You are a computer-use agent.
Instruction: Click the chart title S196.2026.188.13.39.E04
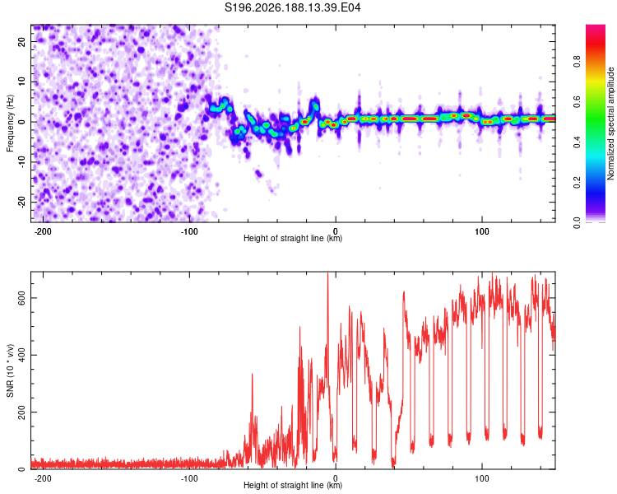(x=292, y=7)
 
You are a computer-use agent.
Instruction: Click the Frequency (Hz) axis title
(x=10, y=123)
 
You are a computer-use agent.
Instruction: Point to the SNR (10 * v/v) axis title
(x=10, y=370)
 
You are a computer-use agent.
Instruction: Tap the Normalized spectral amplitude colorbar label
(x=610, y=123)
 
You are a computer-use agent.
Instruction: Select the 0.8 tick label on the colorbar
(x=577, y=62)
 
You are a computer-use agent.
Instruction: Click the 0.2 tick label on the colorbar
(x=577, y=183)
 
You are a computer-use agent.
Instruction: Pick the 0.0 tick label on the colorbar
(x=577, y=222)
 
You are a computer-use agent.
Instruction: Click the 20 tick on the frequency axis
(x=21, y=42)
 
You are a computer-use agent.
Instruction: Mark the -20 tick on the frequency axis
(x=21, y=202)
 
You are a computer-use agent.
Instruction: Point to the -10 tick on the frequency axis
(x=21, y=162)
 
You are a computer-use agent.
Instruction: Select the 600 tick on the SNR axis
(x=21, y=298)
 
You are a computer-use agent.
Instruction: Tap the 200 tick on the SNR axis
(x=21, y=412)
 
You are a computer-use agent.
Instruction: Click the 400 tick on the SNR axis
(x=21, y=355)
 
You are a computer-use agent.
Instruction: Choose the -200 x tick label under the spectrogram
(x=43, y=231)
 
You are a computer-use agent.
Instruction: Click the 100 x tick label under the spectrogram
(x=481, y=231)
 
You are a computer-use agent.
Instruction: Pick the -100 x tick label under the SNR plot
(x=189, y=478)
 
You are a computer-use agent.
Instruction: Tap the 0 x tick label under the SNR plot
(x=336, y=478)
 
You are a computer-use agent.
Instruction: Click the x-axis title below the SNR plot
(x=293, y=485)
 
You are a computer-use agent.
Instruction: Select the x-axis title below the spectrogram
(x=293, y=238)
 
